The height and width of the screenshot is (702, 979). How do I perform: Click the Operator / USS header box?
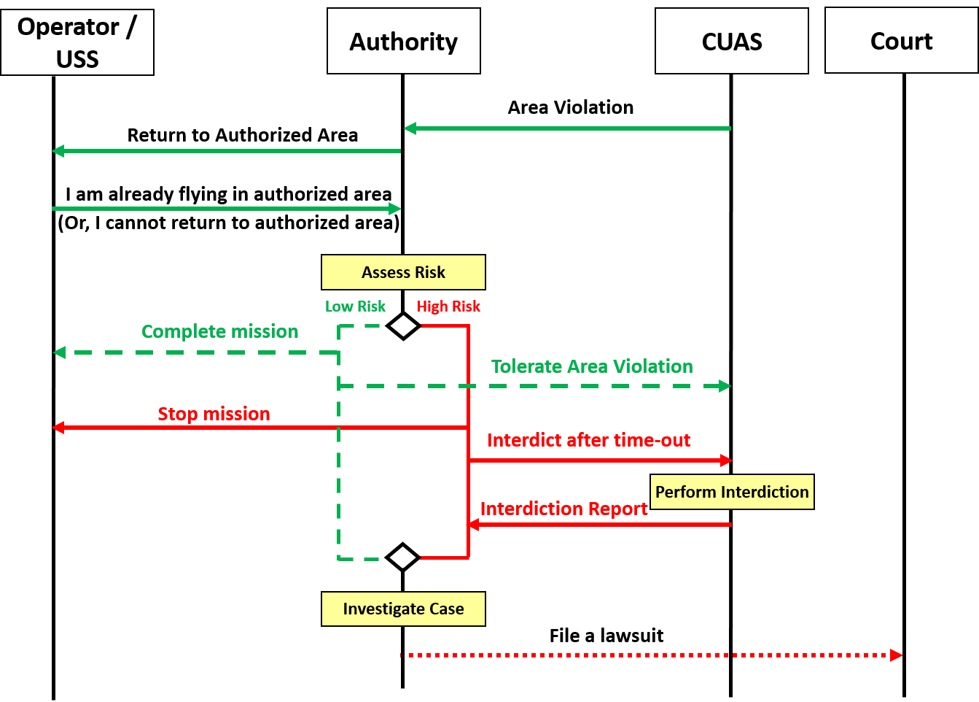tap(77, 42)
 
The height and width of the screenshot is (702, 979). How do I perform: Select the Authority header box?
tap(404, 42)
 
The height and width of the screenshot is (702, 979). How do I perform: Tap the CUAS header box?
tap(732, 42)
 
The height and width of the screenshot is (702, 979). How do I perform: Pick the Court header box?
tap(901, 41)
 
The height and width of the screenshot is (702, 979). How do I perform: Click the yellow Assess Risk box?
tap(403, 272)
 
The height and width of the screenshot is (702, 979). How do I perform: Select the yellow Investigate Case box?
tap(403, 609)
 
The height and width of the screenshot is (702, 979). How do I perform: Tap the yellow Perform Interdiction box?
tap(732, 492)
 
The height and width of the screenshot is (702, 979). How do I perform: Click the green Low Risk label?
tap(355, 306)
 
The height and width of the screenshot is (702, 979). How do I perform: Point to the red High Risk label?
tap(448, 306)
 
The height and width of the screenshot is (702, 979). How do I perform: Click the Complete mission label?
tap(220, 331)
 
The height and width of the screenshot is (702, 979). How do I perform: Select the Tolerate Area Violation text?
tap(592, 366)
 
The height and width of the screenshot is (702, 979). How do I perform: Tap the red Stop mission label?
tap(214, 414)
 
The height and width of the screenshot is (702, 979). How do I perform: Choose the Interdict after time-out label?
tap(589, 440)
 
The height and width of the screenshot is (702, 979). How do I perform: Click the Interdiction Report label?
tap(564, 509)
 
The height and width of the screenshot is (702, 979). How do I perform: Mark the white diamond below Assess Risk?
tap(403, 326)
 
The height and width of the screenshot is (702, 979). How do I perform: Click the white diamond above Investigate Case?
tap(403, 558)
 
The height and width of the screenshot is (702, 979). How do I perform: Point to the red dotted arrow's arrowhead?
tap(897, 655)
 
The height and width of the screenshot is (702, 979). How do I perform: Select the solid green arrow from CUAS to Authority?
tap(569, 128)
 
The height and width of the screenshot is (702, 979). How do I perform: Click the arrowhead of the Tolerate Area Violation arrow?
tap(725, 386)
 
